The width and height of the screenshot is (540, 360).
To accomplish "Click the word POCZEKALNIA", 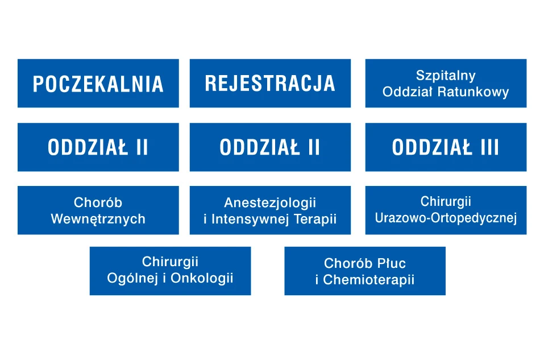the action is (98, 84).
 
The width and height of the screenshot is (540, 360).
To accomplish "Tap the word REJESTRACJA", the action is (270, 84).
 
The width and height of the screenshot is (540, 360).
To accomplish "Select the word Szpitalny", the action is (446, 76).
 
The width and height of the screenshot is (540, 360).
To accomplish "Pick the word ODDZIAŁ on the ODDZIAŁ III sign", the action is (432, 147).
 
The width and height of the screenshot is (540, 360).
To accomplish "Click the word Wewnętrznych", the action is (98, 220).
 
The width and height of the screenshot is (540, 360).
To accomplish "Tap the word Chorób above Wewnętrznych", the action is (98, 202).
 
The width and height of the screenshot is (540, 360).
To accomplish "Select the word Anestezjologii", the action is (270, 203).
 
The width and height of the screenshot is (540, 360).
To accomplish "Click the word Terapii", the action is (315, 220).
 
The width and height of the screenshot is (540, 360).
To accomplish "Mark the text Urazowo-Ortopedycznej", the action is (446, 218).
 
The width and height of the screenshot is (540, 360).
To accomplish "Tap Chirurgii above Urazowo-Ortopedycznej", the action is (446, 201).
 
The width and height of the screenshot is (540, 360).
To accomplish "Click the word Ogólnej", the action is (133, 278).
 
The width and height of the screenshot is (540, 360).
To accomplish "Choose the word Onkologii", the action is (202, 278).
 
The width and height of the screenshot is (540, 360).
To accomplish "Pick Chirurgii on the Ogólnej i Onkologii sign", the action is (170, 262).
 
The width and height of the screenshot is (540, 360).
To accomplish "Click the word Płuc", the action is (391, 263).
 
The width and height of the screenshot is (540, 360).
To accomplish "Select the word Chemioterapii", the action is (368, 280).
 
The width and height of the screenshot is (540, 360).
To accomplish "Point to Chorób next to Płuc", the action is (348, 263).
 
